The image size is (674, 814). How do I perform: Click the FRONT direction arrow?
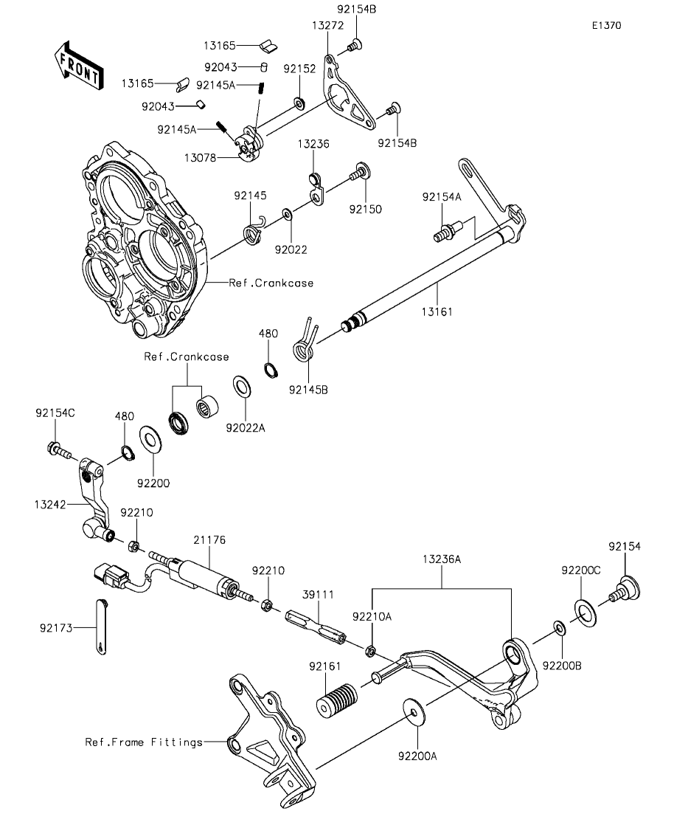click(x=78, y=67)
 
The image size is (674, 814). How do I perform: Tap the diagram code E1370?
click(x=605, y=25)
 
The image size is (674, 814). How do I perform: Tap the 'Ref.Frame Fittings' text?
click(x=143, y=742)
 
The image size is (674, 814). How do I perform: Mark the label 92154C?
click(x=55, y=413)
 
